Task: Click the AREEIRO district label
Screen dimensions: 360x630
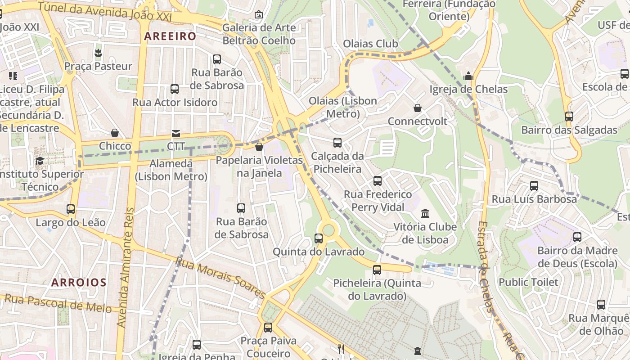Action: (x=170, y=36)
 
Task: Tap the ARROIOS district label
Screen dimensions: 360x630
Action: (x=79, y=283)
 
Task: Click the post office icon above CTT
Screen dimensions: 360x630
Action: (x=175, y=133)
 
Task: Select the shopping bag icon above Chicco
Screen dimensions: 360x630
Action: (x=115, y=133)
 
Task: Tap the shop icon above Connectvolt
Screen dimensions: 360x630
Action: (x=418, y=108)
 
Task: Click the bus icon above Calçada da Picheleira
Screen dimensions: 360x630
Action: (x=337, y=143)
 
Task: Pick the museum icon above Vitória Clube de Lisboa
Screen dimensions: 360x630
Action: (x=425, y=213)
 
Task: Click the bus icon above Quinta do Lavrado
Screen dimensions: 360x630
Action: (x=319, y=238)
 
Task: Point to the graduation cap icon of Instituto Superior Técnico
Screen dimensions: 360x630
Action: (x=40, y=161)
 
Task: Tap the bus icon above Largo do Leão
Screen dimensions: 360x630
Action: (x=71, y=209)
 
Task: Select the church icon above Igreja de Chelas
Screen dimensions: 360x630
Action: (x=468, y=76)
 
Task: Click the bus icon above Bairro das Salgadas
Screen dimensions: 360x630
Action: (x=569, y=117)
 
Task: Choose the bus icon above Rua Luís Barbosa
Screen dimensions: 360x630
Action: (x=534, y=185)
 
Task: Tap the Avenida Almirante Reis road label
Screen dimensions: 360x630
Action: (x=126, y=267)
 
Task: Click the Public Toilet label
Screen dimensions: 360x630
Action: (x=528, y=282)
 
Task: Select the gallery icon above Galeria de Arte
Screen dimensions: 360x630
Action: (x=259, y=14)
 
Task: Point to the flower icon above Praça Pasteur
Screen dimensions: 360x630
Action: (x=98, y=53)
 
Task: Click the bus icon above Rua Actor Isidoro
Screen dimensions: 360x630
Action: (x=175, y=89)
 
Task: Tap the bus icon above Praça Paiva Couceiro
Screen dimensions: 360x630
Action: (x=268, y=327)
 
